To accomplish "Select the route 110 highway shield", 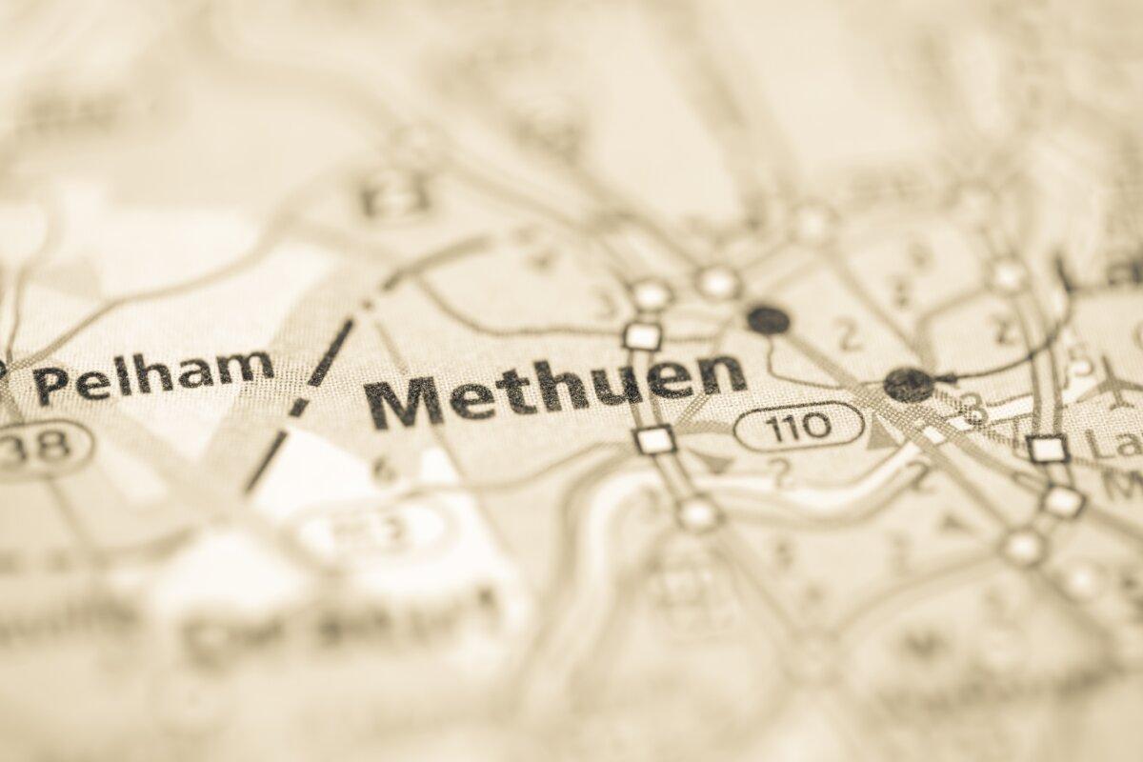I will click(x=799, y=425).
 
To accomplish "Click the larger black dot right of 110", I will click(x=908, y=384).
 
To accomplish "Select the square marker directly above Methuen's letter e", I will click(x=643, y=335).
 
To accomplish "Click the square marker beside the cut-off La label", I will click(x=1048, y=448).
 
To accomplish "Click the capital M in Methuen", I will click(x=406, y=403).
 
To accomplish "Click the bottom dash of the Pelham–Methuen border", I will click(x=266, y=461).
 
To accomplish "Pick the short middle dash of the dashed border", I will click(x=299, y=408).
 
